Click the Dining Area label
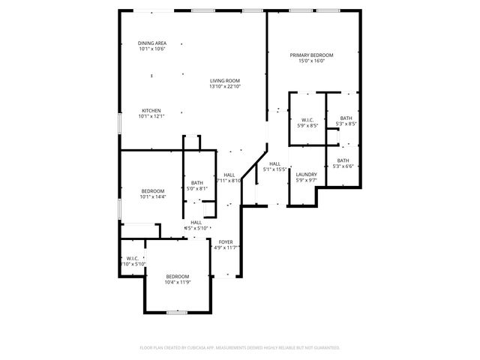click(151, 43)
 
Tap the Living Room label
click(224, 80)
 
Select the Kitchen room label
click(151, 110)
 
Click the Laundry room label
click(307, 174)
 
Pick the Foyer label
click(226, 241)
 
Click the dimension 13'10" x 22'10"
click(224, 86)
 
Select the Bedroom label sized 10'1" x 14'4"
click(152, 191)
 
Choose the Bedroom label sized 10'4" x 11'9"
click(178, 276)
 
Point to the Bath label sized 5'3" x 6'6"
click(343, 160)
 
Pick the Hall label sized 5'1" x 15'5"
click(274, 163)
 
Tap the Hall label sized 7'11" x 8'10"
click(229, 175)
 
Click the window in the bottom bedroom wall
click(176, 312)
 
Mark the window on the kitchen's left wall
click(119, 124)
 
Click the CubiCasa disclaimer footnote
click(240, 347)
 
